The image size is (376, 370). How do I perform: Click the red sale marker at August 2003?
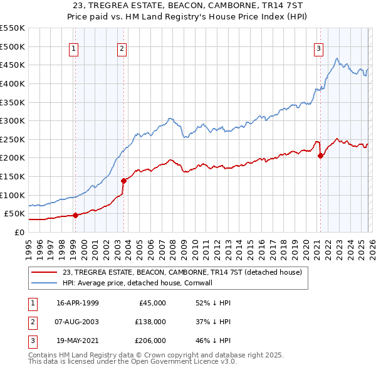[123, 181]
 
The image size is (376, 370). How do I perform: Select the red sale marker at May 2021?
[320, 156]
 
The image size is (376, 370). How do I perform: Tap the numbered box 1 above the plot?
[74, 48]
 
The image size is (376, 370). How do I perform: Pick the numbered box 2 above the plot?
[122, 48]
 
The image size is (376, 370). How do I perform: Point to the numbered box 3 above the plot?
[318, 48]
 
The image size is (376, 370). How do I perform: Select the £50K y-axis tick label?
[15, 214]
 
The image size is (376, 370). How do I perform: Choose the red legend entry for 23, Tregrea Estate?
[182, 272]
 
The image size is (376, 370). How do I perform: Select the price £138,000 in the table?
[150, 322]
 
